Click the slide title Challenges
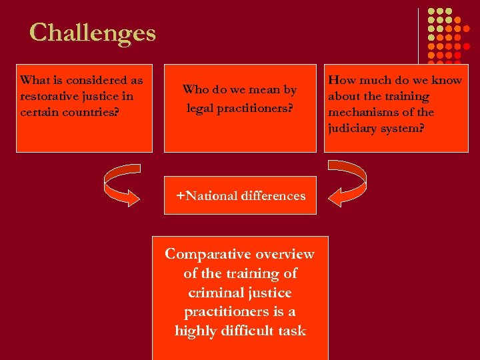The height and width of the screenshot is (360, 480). tap(92, 32)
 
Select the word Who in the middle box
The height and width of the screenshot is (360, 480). tap(195, 89)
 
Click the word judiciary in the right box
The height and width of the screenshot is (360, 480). tap(352, 128)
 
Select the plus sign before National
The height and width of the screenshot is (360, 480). tap(180, 195)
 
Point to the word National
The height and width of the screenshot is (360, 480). tap(213, 195)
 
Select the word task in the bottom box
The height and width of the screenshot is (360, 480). tap(293, 331)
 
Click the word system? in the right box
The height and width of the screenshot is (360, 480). tap(402, 128)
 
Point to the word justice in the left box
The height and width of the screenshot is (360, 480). tap(100, 96)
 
